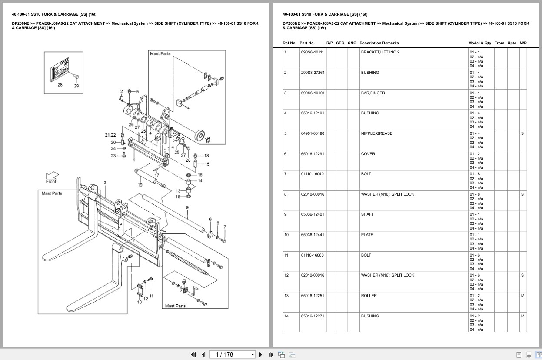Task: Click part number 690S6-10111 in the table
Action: [x=312, y=52]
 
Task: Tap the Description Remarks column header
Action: [x=379, y=43]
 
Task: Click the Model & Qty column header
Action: [x=479, y=43]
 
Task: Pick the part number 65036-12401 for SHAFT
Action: [x=312, y=214]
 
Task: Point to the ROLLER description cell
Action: [x=369, y=296]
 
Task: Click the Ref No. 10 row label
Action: [x=286, y=235]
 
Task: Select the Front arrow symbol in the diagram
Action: [x=52, y=176]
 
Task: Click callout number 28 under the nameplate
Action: [x=60, y=85]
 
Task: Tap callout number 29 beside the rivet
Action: [x=76, y=86]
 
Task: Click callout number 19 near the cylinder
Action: [x=140, y=185]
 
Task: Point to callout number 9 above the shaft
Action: [x=187, y=207]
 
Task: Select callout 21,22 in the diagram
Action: [x=110, y=135]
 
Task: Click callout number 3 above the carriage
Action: [x=105, y=183]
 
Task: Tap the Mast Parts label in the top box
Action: [x=160, y=53]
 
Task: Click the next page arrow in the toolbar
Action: [x=261, y=354]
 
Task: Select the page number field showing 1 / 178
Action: [x=232, y=354]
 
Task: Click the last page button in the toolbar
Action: [x=270, y=354]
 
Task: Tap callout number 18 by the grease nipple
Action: [x=206, y=156]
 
